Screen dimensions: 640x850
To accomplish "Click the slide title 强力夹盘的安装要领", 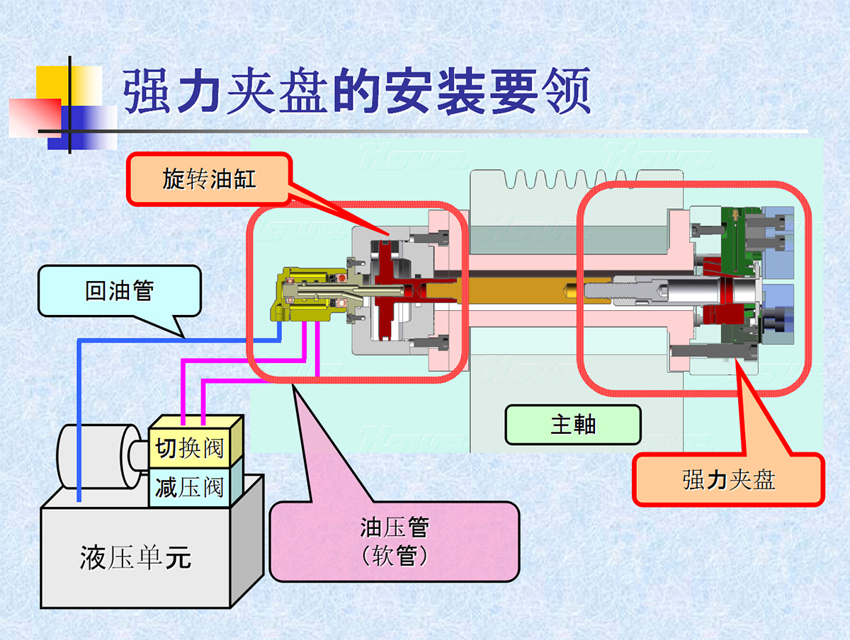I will click(357, 91).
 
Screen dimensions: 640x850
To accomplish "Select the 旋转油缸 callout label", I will click(209, 179).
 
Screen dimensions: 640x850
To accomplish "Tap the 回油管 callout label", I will click(119, 290).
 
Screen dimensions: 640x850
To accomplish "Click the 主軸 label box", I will click(573, 425).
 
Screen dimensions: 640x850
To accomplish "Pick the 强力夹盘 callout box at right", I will click(728, 479).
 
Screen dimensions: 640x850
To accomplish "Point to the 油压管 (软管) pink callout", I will click(394, 541).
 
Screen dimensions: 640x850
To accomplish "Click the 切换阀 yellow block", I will click(189, 448).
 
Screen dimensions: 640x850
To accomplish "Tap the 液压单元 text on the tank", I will click(135, 559).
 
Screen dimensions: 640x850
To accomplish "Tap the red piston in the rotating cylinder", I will click(386, 290).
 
